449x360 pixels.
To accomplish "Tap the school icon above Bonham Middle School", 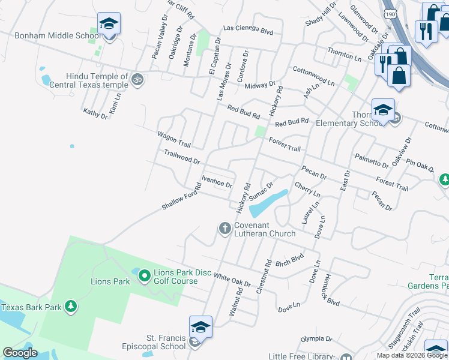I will [x=109, y=24].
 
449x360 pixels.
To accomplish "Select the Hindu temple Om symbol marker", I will [x=137, y=79].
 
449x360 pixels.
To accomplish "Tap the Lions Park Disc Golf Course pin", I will [x=144, y=276].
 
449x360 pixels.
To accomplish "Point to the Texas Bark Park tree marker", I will [x=71, y=307].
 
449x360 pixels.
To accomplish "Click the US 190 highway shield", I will [x=391, y=13].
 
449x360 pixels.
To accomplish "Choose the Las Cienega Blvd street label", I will [x=248, y=29].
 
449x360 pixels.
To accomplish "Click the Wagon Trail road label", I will [x=174, y=140].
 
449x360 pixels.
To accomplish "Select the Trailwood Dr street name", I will [x=182, y=157].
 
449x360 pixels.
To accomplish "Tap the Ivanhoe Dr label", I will [x=217, y=181].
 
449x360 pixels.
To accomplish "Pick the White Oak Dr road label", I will [x=232, y=279].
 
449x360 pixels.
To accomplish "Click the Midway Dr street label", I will [x=260, y=85].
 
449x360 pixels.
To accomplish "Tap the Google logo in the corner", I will [x=20, y=353].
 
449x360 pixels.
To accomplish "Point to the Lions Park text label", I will [x=110, y=281].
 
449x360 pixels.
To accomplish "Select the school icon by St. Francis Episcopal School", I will [x=200, y=328].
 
